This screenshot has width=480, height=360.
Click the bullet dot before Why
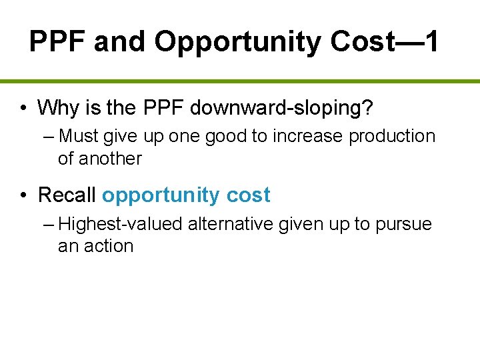point(23,107)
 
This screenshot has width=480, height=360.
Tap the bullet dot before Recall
point(23,195)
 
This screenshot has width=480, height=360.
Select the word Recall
point(67,195)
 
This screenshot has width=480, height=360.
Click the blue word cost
point(248,195)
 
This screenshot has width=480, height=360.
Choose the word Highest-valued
point(121,225)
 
